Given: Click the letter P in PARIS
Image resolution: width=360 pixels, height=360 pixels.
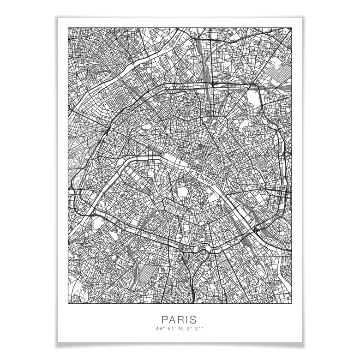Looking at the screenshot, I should click(x=164, y=319).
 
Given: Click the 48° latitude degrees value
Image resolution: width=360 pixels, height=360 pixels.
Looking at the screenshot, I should click(x=160, y=329).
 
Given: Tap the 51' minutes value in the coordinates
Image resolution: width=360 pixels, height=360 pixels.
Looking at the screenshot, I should click(x=170, y=329).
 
